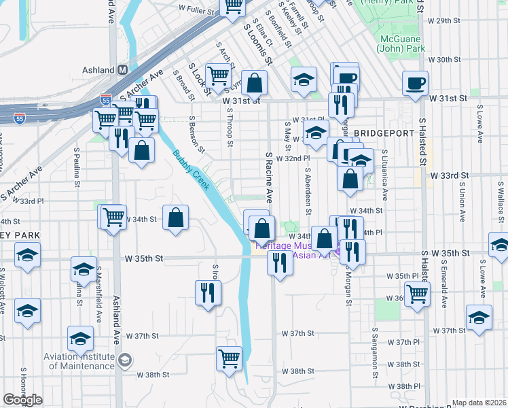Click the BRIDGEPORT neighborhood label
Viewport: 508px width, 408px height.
[x=384, y=133]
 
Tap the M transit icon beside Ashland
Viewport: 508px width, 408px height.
[x=123, y=69]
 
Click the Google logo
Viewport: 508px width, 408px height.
[x=22, y=400]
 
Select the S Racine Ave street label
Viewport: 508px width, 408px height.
[x=269, y=178]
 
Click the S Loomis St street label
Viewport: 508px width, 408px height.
[x=257, y=41]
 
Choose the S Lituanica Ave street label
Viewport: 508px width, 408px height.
[x=384, y=175]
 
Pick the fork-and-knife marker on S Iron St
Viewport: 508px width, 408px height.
[x=208, y=292]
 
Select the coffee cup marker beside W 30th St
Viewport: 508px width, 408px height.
[x=415, y=83]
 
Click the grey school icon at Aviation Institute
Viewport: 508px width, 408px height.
[x=124, y=360]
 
